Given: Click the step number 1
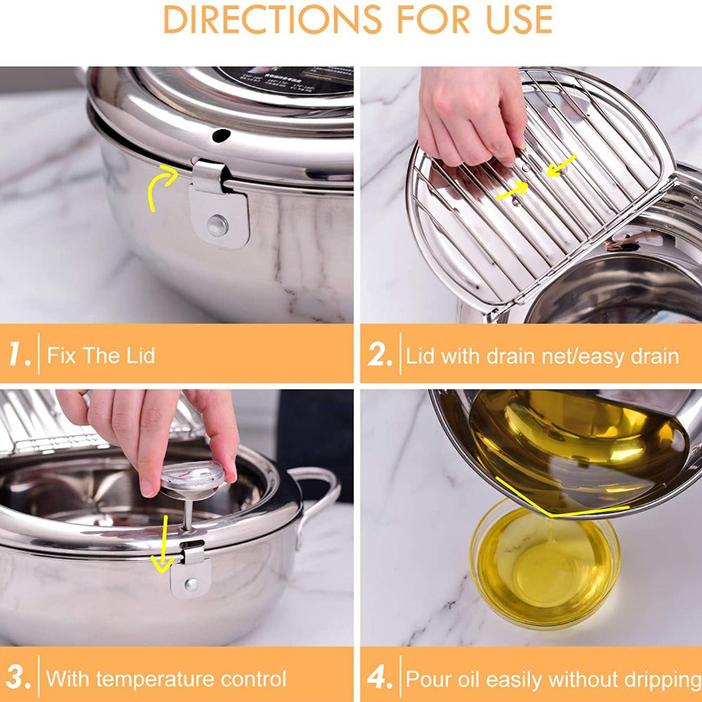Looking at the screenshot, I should click(19, 355).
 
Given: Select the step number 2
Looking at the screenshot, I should click(380, 355).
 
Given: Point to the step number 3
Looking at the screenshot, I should click(20, 679).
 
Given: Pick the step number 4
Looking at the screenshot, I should click(380, 679).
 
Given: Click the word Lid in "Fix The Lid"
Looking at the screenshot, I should click(138, 355).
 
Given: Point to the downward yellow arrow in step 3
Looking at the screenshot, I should click(163, 545).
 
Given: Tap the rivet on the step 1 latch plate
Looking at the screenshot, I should click(218, 225).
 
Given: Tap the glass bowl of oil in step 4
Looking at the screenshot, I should click(544, 565).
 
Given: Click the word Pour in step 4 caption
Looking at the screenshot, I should click(428, 680).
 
